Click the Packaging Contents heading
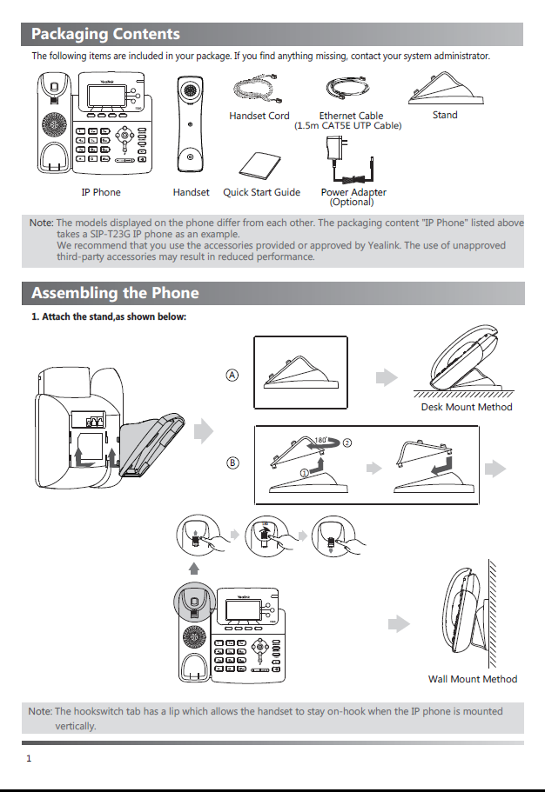click(105, 35)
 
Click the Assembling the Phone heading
click(115, 293)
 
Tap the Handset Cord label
click(259, 116)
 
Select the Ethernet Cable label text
click(351, 116)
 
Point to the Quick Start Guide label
click(261, 192)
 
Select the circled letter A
click(232, 375)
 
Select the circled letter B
click(232, 463)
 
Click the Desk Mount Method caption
click(467, 407)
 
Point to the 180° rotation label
click(323, 440)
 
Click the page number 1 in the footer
click(29, 759)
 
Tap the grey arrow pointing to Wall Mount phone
click(399, 624)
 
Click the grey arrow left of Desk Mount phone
click(386, 376)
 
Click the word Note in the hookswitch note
click(40, 711)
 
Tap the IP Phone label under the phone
click(101, 192)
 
